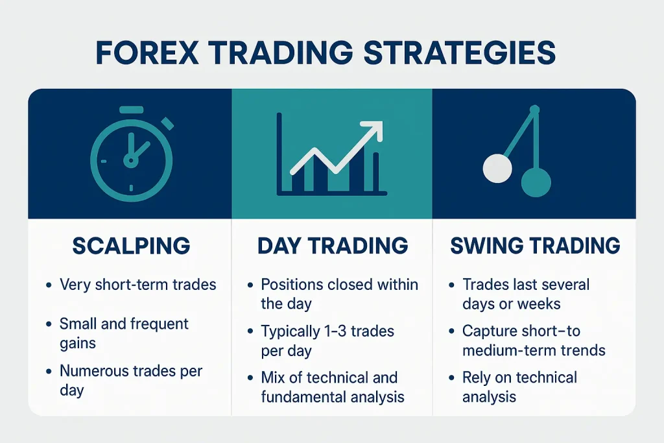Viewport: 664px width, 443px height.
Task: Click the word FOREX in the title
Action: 147,53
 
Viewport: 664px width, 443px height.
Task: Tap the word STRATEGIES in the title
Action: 460,53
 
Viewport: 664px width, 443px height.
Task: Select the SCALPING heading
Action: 131,246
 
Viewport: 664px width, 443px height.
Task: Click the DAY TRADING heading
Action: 333,246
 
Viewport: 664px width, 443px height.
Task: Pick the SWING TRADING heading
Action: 535,246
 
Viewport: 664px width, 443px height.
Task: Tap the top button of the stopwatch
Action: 131,110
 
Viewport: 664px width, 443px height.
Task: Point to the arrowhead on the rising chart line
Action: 374,130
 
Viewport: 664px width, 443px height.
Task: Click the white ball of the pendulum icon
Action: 497,169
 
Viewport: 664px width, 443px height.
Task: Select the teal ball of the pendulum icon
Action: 536,182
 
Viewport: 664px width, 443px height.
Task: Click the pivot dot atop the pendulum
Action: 534,110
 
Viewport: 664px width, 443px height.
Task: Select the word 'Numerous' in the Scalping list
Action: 95,371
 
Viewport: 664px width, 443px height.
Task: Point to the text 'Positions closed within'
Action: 340,285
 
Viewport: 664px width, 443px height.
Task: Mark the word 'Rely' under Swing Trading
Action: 477,377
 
